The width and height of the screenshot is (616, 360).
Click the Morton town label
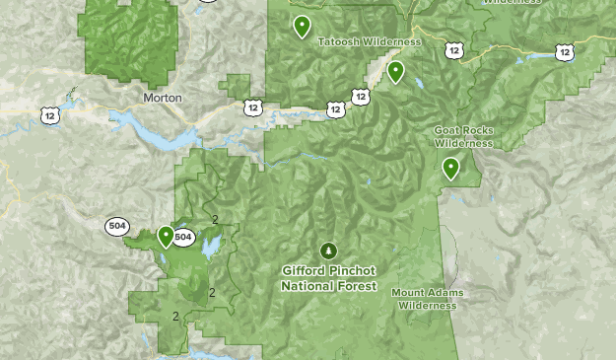click(x=163, y=98)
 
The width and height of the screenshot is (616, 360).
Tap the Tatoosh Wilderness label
click(x=370, y=42)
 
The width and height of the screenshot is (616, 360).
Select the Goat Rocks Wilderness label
click(x=463, y=136)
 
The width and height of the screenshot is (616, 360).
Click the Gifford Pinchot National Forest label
click(x=328, y=278)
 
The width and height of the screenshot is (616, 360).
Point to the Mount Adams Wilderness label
click(x=428, y=299)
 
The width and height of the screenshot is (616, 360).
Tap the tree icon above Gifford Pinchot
click(x=328, y=251)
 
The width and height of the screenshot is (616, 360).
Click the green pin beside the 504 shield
click(x=166, y=236)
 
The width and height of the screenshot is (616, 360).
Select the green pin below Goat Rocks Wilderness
click(x=450, y=168)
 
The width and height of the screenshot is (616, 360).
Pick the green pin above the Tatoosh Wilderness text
click(x=302, y=26)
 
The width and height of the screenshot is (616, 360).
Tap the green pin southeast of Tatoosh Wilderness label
click(x=395, y=71)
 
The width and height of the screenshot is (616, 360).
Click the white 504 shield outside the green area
click(x=117, y=226)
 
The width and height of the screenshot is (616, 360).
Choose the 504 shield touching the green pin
click(x=183, y=237)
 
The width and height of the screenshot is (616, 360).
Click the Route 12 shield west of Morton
click(x=49, y=115)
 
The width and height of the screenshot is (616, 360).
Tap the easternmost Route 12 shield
click(x=563, y=51)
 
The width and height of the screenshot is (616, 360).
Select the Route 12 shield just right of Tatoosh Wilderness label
click(x=452, y=49)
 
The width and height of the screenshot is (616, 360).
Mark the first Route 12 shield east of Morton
click(x=254, y=107)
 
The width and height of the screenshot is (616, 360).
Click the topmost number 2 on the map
click(x=214, y=219)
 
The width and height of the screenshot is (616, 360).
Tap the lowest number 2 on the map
click(x=175, y=317)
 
